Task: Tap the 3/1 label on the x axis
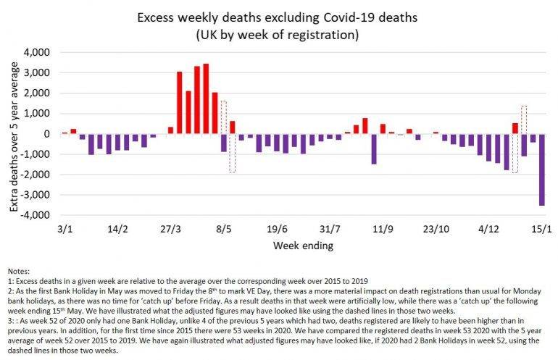(65, 228)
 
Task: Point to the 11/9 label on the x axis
(383, 228)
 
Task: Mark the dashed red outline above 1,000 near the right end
(524, 116)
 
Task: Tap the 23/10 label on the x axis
(436, 228)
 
